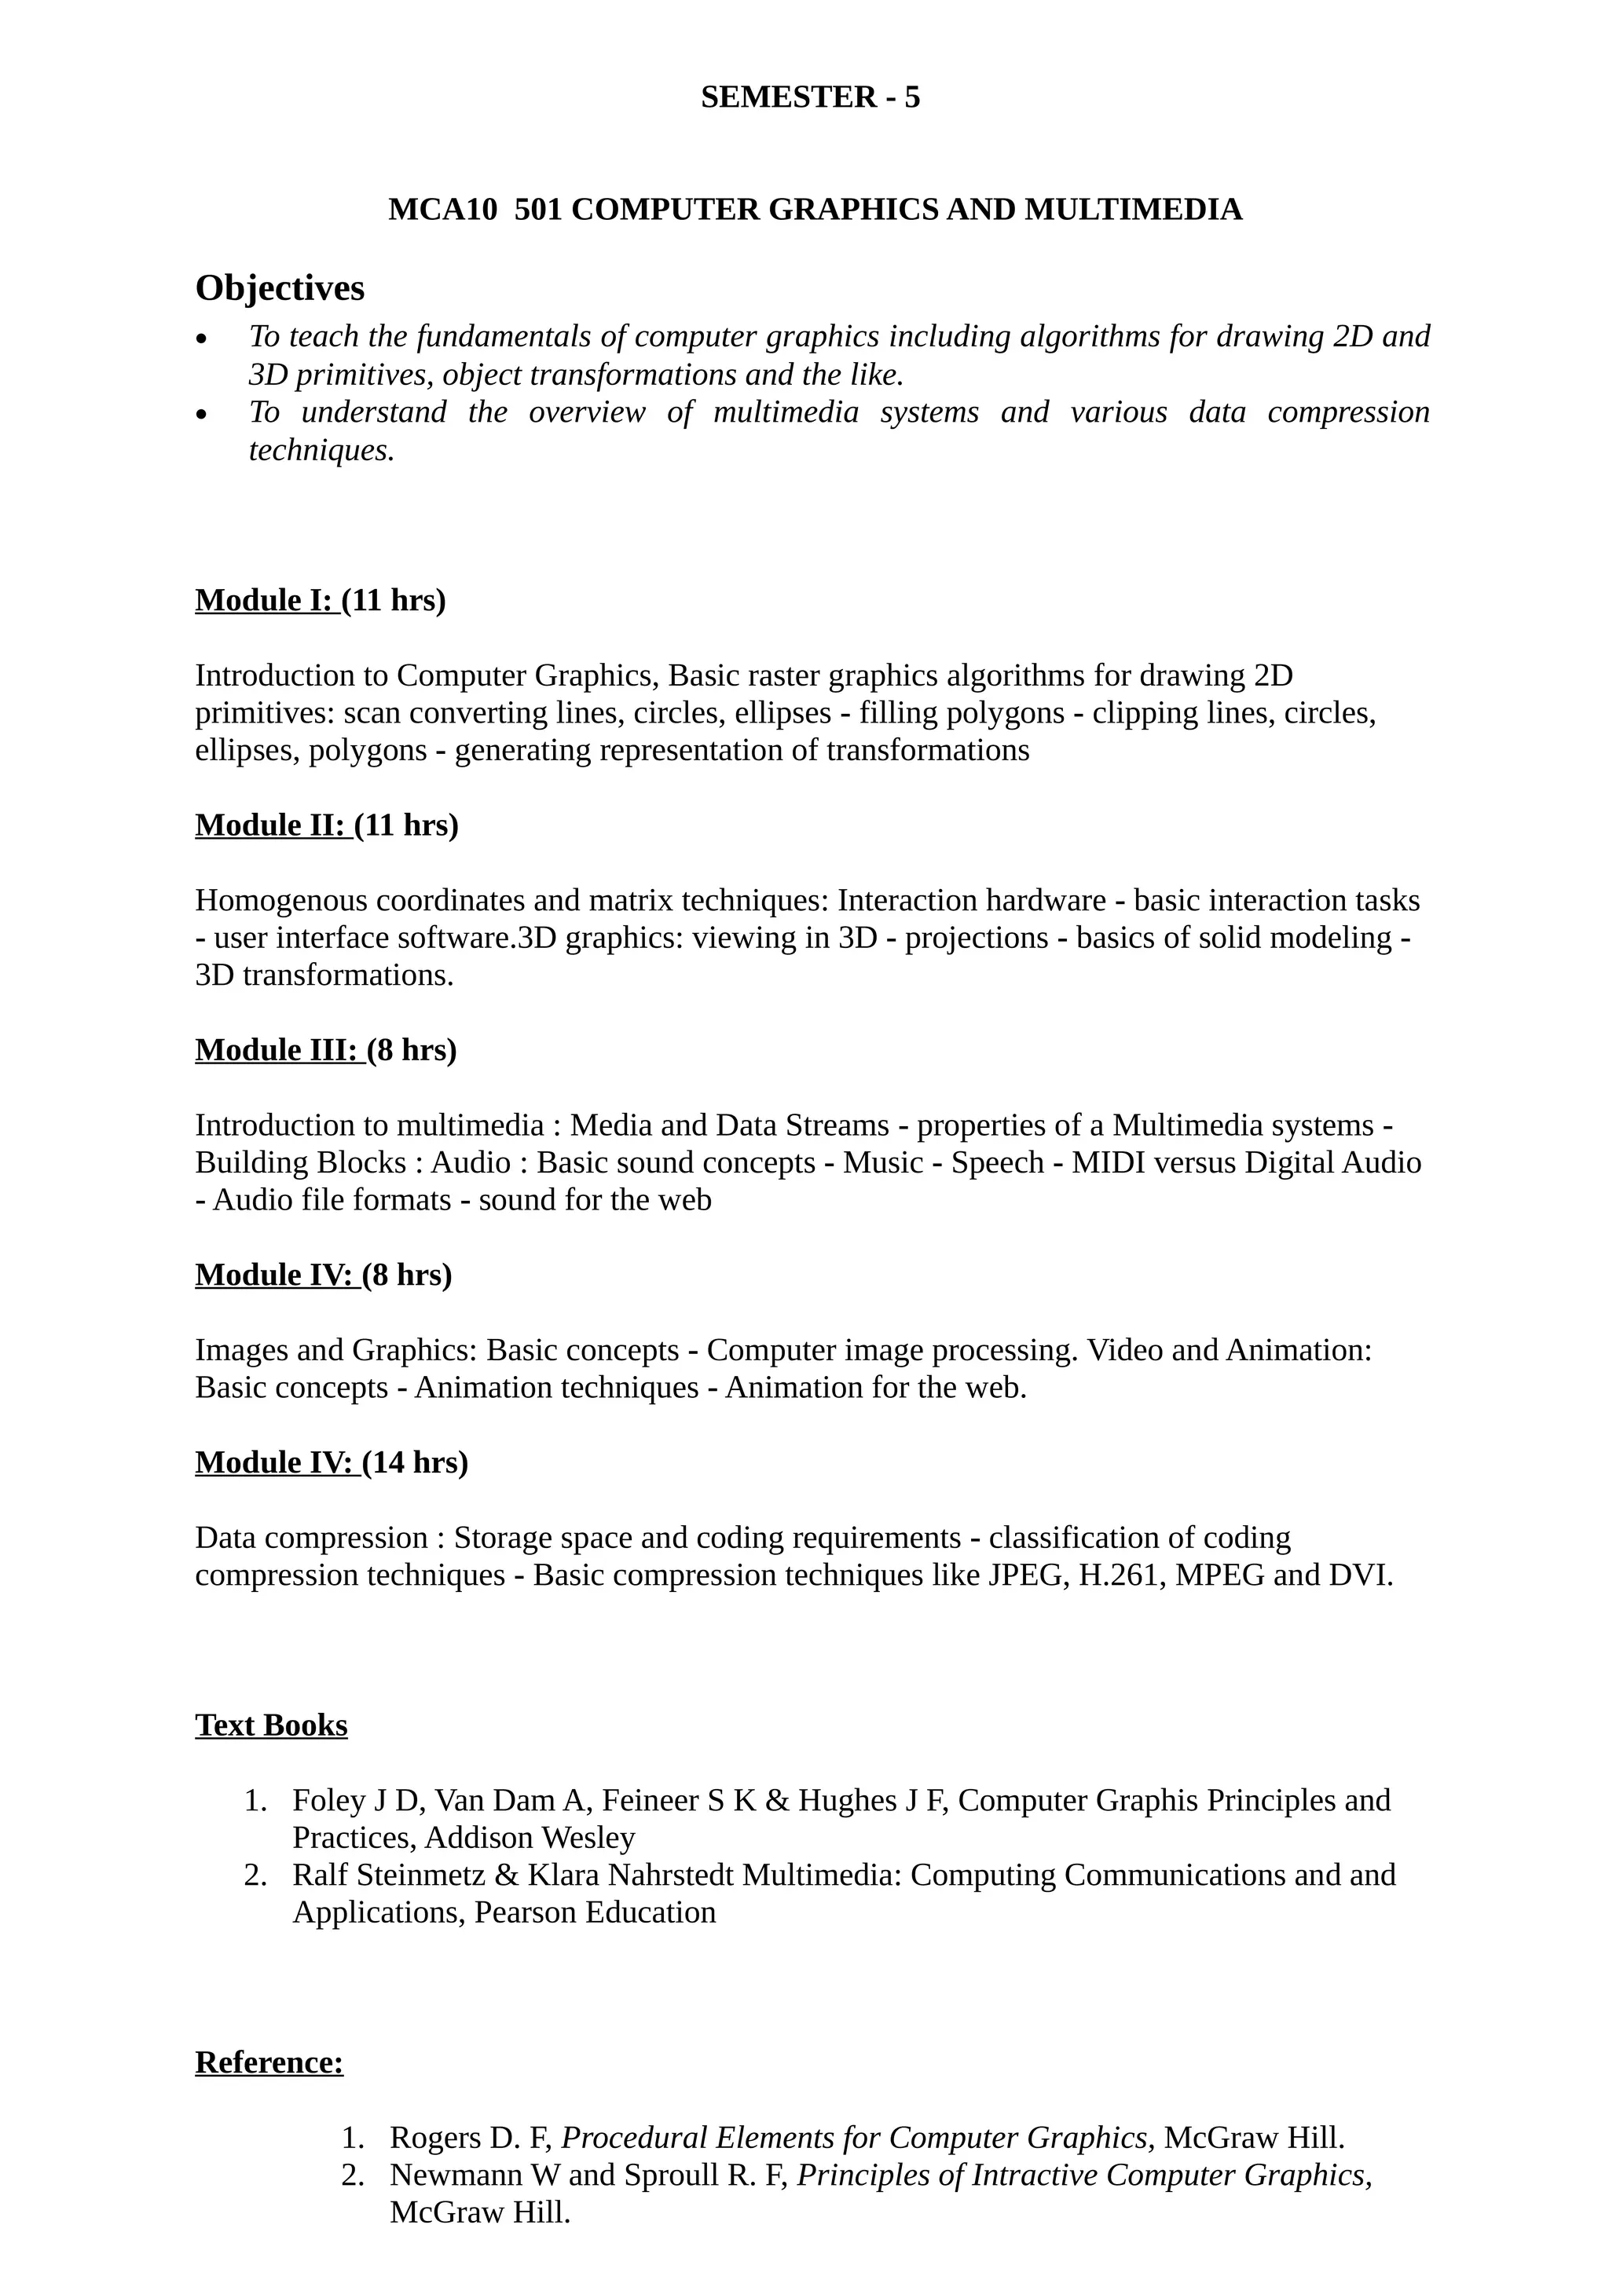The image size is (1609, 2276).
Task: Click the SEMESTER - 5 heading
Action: click(x=810, y=97)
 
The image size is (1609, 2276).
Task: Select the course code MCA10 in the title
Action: click(x=442, y=210)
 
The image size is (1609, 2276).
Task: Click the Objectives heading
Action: click(x=280, y=288)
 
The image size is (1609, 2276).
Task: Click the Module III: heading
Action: click(x=279, y=1050)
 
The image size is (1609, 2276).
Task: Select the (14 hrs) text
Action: click(x=416, y=1462)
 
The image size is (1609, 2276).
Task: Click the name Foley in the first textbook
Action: click(x=325, y=1800)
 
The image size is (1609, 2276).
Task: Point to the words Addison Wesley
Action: click(x=530, y=1838)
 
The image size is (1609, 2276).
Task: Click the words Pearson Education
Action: click(x=595, y=1912)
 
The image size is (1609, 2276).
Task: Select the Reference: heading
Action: click(x=269, y=2063)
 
